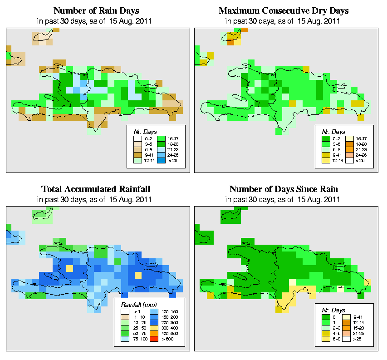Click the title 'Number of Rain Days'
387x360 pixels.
[x=97, y=10]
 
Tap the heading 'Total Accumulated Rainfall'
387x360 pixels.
[x=96, y=189]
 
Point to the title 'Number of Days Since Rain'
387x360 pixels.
[x=284, y=189]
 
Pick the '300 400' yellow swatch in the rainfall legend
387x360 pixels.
[x=153, y=327]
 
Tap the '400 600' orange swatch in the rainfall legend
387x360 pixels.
[x=153, y=334]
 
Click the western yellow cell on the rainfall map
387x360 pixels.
[x=69, y=268]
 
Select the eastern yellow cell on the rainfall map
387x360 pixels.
[x=137, y=275]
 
